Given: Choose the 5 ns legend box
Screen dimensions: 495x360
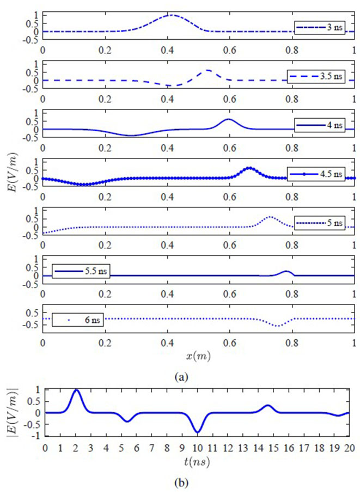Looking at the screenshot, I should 320,223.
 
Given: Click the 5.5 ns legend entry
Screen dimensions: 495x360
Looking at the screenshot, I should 81,271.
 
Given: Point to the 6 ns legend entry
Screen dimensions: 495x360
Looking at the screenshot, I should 77,319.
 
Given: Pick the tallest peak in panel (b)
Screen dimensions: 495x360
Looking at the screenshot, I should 76,390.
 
